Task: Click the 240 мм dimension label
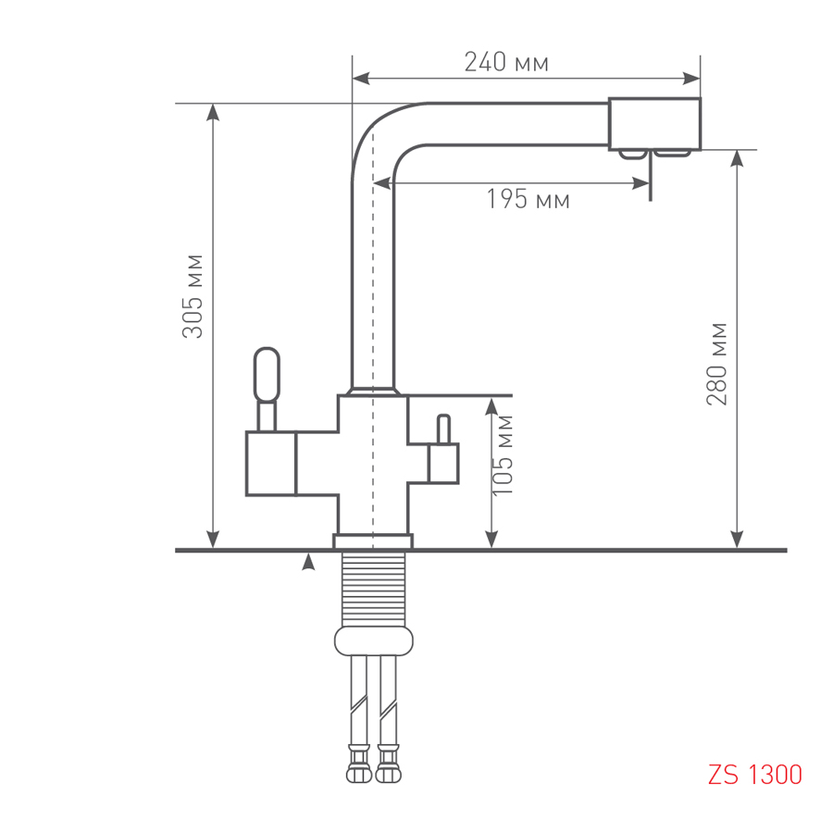click(x=506, y=62)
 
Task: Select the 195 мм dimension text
click(x=528, y=199)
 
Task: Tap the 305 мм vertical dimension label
click(x=193, y=296)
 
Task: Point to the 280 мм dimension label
click(x=716, y=365)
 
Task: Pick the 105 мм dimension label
click(x=503, y=455)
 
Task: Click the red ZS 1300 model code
click(x=755, y=775)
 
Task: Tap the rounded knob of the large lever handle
click(x=267, y=375)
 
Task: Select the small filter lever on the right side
click(x=443, y=429)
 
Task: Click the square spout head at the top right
click(x=654, y=124)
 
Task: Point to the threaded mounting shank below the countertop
click(x=373, y=590)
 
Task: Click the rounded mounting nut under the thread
click(x=374, y=640)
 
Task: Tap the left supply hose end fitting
click(x=358, y=764)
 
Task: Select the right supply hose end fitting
click(x=388, y=764)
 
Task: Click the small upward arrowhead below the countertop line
click(x=308, y=562)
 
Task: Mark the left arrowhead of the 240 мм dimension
click(x=361, y=79)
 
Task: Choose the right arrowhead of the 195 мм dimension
click(x=641, y=184)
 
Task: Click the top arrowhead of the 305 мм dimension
click(x=213, y=112)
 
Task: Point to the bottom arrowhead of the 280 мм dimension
click(x=737, y=540)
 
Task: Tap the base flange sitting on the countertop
click(x=373, y=541)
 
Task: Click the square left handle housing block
click(x=270, y=464)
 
